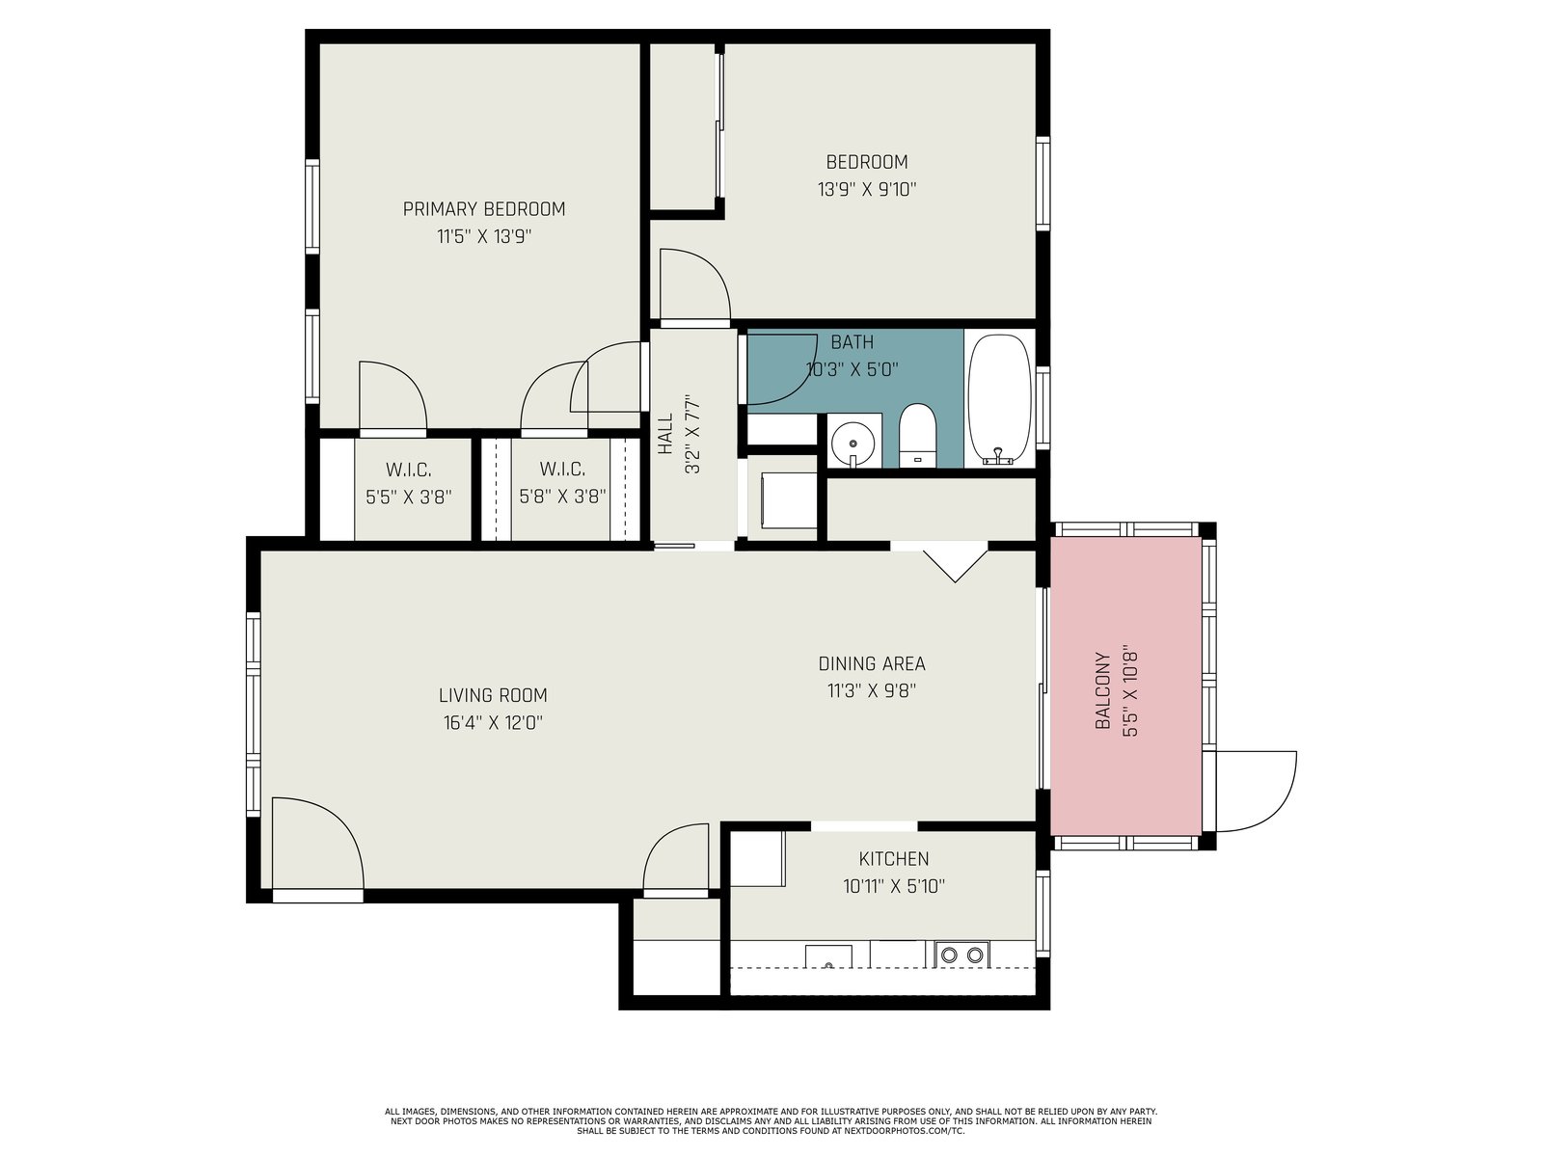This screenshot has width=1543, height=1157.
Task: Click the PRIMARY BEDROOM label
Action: pyautogui.click(x=484, y=209)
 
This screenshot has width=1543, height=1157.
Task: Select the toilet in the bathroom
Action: pyautogui.click(x=917, y=435)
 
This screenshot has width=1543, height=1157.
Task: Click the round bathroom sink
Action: pyautogui.click(x=853, y=443)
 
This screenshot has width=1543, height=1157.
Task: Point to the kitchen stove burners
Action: pyautogui.click(x=961, y=955)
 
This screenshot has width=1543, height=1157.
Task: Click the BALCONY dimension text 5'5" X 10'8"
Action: pyautogui.click(x=1130, y=690)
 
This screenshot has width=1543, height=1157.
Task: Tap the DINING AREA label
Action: pyautogui.click(x=872, y=663)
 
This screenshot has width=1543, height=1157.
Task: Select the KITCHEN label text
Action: pyautogui.click(x=893, y=858)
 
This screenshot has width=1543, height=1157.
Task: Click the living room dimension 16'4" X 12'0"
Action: pyautogui.click(x=493, y=723)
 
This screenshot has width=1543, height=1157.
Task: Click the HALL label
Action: pyautogui.click(x=665, y=434)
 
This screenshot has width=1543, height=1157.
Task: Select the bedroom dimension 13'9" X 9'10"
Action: pyautogui.click(x=867, y=190)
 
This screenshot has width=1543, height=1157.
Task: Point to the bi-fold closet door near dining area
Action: pyautogui.click(x=955, y=566)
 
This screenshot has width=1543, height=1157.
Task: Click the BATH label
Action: pyautogui.click(x=852, y=342)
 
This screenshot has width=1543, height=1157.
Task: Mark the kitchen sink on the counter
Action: pyautogui.click(x=828, y=956)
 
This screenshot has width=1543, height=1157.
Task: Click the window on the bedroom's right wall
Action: pyautogui.click(x=1043, y=183)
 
